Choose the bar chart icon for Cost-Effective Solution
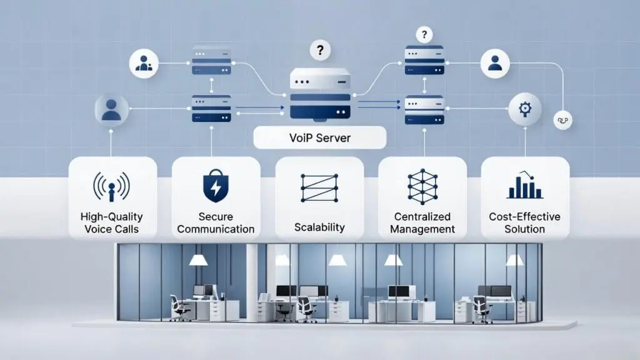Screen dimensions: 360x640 (x=524, y=186)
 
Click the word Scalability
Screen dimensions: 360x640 (x=319, y=227)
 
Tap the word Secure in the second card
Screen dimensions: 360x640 (x=216, y=216)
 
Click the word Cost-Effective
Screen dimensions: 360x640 (x=525, y=217)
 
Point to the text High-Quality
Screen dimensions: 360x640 (x=112, y=217)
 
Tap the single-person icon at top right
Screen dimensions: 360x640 (x=495, y=62)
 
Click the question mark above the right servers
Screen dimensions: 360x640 (x=425, y=34)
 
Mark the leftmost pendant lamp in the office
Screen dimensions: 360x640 (x=198, y=259)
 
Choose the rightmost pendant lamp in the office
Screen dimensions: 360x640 (x=514, y=259)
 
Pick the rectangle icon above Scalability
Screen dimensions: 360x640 (x=319, y=187)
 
